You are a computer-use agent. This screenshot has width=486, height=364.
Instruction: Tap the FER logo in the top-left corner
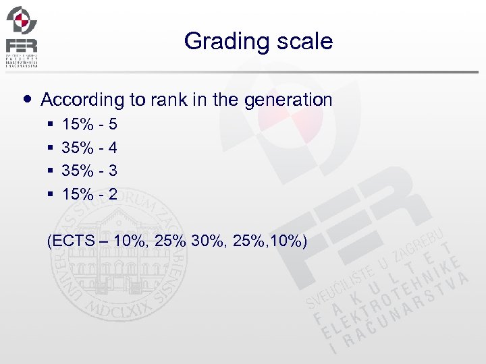coord(22,36)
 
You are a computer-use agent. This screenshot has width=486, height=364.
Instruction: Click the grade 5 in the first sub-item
coord(112,125)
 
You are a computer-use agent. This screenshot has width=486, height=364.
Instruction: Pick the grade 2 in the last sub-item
coord(112,195)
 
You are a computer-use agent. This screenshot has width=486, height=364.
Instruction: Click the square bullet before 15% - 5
coord(51,125)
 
